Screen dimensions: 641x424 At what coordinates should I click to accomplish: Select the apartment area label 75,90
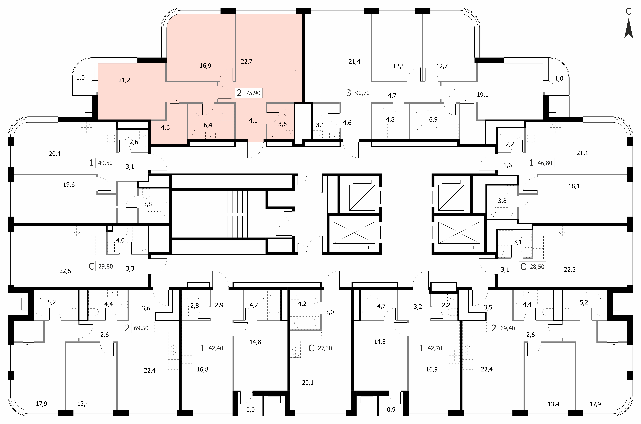(x=253, y=93)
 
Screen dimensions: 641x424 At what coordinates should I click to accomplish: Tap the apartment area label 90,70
(x=362, y=93)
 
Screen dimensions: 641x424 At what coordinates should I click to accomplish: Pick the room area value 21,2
(x=124, y=80)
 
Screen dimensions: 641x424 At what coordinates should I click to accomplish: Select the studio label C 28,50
(x=532, y=267)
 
